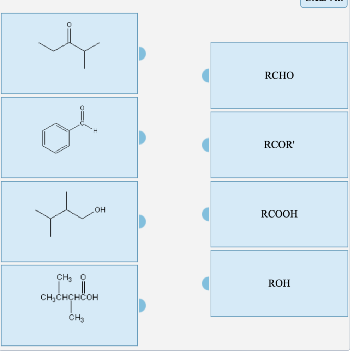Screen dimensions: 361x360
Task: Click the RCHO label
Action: (279, 75)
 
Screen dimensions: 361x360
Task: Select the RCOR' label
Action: (279, 145)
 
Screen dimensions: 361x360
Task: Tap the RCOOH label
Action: (279, 214)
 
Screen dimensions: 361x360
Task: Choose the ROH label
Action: (279, 283)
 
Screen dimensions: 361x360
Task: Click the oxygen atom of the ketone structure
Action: (69, 25)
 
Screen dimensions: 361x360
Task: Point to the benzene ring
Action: (56, 138)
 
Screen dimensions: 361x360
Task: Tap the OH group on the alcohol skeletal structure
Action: (100, 210)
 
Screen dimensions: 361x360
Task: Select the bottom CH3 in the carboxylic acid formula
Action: (76, 319)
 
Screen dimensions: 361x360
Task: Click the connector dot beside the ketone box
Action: (142, 54)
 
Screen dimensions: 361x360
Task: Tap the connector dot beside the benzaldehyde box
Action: (142, 137)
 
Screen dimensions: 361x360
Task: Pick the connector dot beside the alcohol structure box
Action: (142, 221)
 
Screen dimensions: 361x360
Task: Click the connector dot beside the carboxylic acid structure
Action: (142, 305)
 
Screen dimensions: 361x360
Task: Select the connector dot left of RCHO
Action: (206, 75)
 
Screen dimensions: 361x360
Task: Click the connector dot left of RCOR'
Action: (206, 145)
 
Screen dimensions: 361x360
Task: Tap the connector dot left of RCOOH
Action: (206, 214)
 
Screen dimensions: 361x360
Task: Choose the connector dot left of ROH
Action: (206, 283)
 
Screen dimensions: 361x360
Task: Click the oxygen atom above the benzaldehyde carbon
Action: (82, 108)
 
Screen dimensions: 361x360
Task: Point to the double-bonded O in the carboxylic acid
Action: (83, 277)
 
